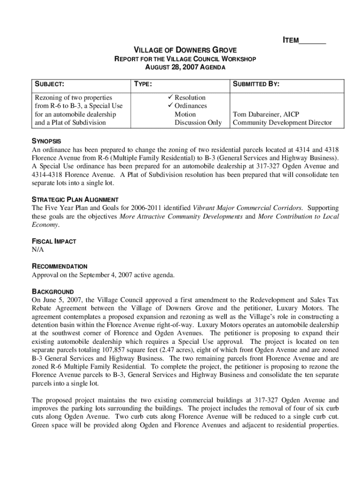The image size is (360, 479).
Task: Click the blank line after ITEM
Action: [x=312, y=41]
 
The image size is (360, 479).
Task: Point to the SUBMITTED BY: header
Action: [x=256, y=84]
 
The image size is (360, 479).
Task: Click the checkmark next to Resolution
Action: [x=169, y=97]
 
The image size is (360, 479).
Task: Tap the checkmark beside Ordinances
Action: [x=169, y=106]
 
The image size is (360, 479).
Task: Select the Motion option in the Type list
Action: [x=185, y=114]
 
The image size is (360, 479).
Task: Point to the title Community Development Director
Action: [x=282, y=123]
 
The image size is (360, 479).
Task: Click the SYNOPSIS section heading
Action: [x=46, y=141]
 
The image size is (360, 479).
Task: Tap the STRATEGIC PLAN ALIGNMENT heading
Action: [x=75, y=199]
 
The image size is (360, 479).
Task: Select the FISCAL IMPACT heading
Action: [x=54, y=241]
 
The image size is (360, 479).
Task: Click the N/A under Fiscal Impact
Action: [x=38, y=250]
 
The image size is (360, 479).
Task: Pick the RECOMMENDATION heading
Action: [x=59, y=267]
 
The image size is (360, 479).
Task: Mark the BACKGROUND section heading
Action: [x=53, y=292]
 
